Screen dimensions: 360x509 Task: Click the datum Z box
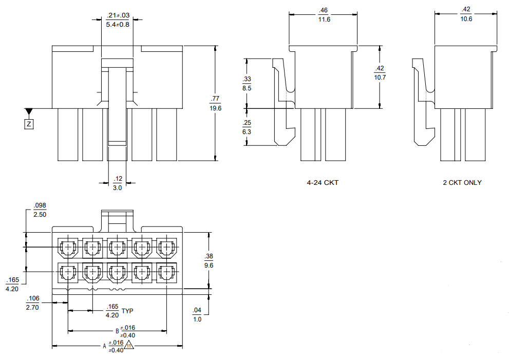pos(29,124)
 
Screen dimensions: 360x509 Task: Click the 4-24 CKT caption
pos(323,182)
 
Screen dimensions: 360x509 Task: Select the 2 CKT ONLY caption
pos(462,182)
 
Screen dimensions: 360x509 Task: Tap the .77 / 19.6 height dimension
pos(215,103)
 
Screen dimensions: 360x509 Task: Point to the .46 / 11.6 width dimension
pos(323,14)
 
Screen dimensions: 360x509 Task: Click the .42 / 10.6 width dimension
pos(466,14)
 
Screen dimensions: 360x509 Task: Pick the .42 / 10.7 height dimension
pos(380,72)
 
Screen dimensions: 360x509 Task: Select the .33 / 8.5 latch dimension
pos(247,83)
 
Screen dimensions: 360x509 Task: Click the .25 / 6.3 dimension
pos(247,127)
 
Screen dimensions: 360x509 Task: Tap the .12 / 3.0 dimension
pos(118,183)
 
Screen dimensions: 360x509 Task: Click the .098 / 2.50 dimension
pos(40,210)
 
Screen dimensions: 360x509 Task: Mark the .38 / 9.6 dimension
pos(209,260)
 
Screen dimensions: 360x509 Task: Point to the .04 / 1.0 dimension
pos(197,314)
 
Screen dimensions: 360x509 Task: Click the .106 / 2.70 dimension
pos(33,303)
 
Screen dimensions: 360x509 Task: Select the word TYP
pos(127,311)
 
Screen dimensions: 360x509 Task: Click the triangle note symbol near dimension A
pos(129,346)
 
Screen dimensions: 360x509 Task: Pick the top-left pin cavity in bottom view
pos(67,248)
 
